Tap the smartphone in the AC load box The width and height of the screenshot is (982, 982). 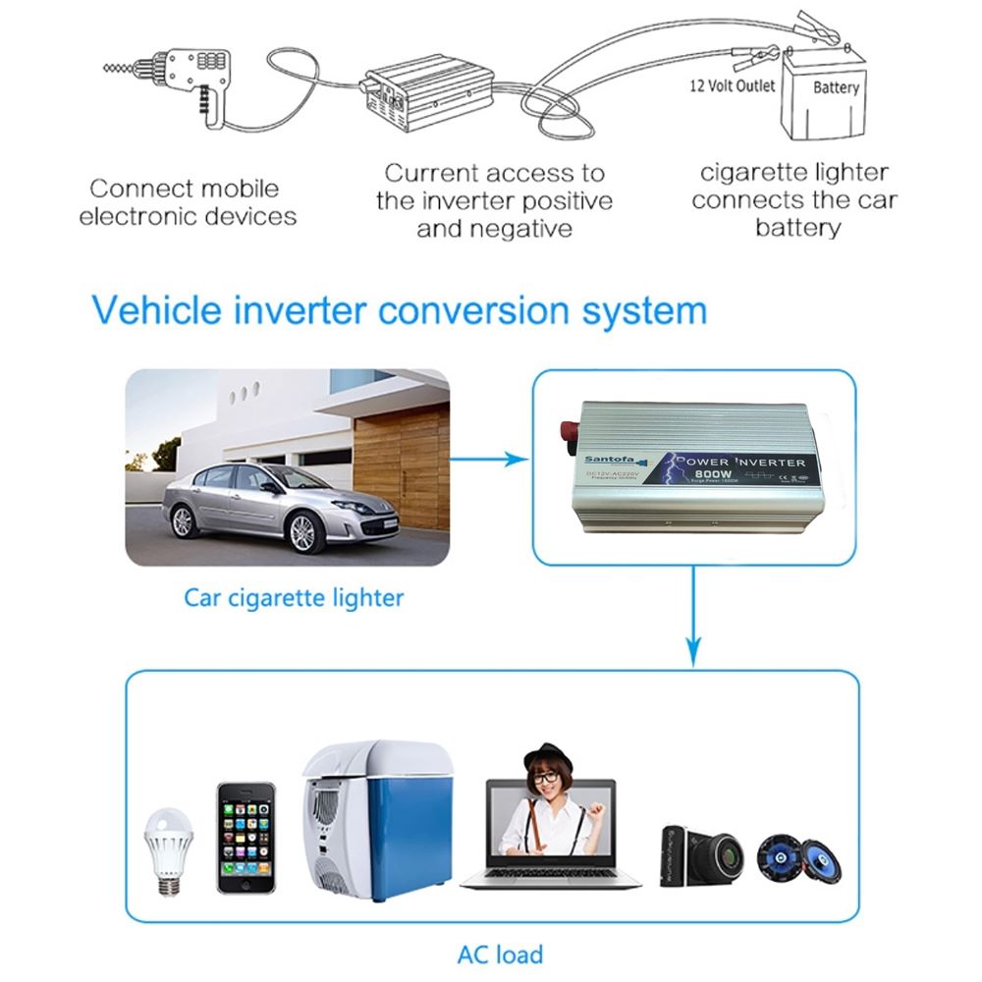pyautogui.click(x=245, y=838)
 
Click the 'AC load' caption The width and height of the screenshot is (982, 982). pyautogui.click(x=500, y=954)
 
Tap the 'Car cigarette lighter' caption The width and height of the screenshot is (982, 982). pyautogui.click(x=294, y=597)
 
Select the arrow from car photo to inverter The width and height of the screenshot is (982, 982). pyautogui.click(x=491, y=459)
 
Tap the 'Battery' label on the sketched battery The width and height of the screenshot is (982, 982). pyautogui.click(x=836, y=87)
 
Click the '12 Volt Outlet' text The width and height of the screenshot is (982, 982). pyautogui.click(x=732, y=85)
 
